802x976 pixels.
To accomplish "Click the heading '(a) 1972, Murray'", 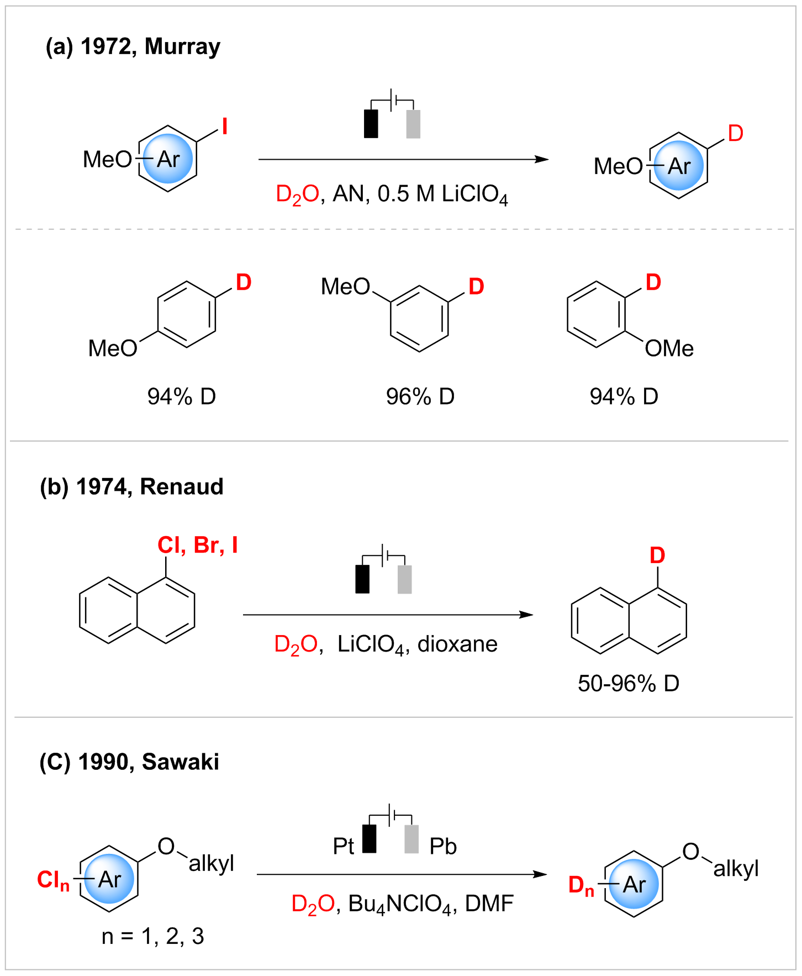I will point(133,47).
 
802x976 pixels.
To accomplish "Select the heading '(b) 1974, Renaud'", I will point(131,487).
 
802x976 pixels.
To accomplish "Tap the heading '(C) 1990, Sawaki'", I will point(129,762).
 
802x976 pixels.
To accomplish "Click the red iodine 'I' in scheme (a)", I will point(224,127).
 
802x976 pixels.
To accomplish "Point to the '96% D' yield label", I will point(420,396).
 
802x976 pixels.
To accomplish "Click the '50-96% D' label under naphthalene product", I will point(628,684).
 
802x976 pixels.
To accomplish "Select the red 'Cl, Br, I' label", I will point(197,545).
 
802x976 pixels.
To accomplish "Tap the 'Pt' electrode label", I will point(343,846).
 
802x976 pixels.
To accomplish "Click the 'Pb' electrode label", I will point(443,846).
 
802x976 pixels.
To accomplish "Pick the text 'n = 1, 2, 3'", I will point(153,936).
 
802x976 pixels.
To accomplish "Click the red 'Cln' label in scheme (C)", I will point(53,879).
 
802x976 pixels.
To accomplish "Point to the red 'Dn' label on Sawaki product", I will point(581,885).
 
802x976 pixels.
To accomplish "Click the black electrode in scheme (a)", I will point(371,124).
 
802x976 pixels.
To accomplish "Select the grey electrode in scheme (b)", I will point(405,579).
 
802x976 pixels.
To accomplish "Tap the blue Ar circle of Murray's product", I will point(679,165).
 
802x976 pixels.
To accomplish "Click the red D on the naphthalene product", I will point(657,555).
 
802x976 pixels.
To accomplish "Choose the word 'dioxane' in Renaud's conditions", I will point(457,644).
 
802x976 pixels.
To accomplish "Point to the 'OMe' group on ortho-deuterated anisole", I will point(669,348).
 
